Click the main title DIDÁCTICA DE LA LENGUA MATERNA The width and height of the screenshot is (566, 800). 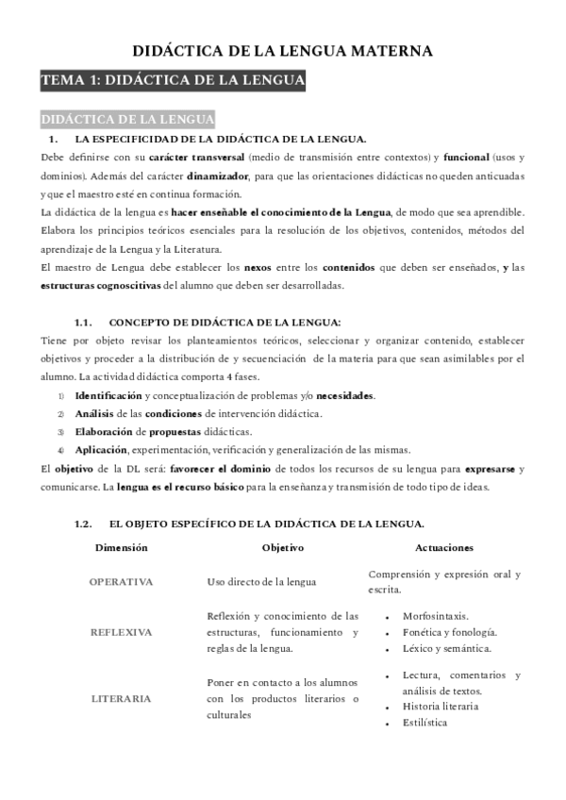(x=282, y=51)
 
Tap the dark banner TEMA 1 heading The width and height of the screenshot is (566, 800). (x=173, y=82)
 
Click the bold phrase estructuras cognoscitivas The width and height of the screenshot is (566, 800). (x=102, y=285)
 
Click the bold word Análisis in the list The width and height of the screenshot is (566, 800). (x=96, y=413)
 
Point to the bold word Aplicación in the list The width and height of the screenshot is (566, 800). (x=102, y=449)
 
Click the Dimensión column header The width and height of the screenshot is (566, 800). (x=121, y=548)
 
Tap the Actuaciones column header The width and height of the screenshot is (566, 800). (x=444, y=548)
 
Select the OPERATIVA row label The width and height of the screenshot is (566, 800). (x=121, y=582)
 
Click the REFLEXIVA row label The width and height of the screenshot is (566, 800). (x=121, y=632)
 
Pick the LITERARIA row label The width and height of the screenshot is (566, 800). (x=121, y=699)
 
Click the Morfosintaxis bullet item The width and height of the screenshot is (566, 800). (x=435, y=615)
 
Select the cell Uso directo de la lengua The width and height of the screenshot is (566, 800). (x=261, y=582)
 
